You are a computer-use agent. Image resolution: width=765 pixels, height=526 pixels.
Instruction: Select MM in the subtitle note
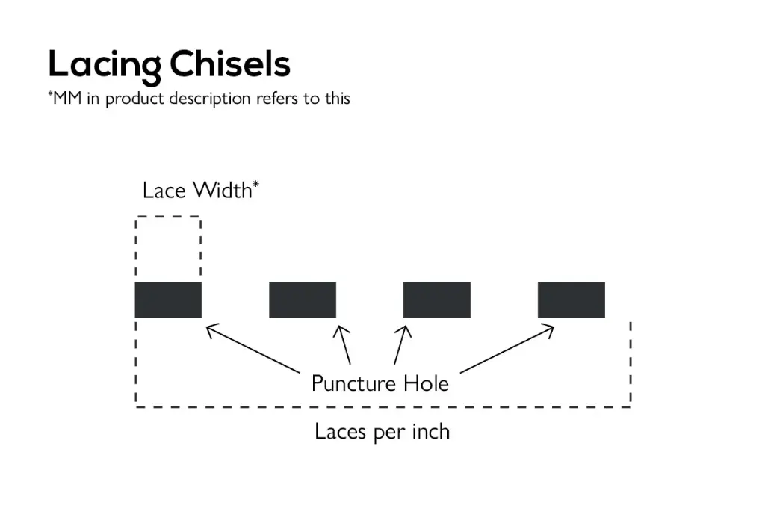67,99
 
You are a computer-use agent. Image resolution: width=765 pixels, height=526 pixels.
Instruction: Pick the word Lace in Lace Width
164,191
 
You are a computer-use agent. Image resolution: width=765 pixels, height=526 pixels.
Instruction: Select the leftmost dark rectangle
168,300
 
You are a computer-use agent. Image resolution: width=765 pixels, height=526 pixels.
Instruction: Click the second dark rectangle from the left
303,300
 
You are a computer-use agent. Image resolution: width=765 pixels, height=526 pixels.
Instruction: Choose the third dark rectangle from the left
437,300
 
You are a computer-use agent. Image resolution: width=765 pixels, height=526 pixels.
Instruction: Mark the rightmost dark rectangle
572,300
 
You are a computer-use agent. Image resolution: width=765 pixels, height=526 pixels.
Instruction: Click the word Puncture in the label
353,384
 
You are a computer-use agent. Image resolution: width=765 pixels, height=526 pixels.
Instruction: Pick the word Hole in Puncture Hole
427,383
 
